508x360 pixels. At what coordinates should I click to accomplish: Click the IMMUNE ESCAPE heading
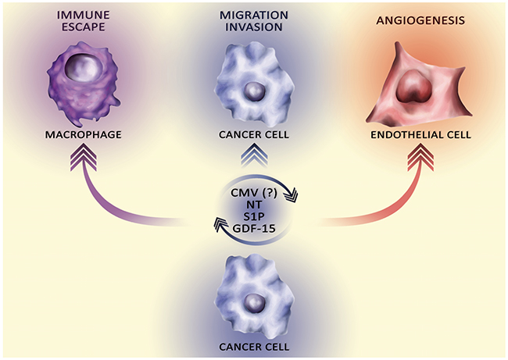(84, 21)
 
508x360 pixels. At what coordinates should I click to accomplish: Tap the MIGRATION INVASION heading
(254, 21)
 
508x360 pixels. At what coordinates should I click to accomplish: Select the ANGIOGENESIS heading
(420, 21)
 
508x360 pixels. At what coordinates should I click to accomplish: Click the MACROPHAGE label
(84, 134)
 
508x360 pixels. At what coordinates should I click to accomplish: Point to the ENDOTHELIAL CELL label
(420, 134)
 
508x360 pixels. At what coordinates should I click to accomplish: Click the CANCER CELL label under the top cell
(254, 134)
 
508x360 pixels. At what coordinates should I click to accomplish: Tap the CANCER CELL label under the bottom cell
(254, 347)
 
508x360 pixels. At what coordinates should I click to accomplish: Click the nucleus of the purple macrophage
(84, 69)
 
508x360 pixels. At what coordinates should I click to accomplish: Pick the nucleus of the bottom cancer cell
(254, 302)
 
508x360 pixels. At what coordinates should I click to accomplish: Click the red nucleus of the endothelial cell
(415, 85)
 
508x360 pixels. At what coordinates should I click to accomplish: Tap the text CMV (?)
(254, 193)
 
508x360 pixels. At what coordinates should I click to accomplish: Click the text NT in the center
(254, 205)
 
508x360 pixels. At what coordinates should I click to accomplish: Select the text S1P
(254, 216)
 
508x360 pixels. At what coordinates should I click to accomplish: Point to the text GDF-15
(254, 228)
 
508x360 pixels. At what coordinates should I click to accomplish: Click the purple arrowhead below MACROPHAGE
(84, 158)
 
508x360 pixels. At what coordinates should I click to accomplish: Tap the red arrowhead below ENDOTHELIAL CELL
(420, 158)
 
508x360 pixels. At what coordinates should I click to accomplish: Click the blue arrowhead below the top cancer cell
(254, 157)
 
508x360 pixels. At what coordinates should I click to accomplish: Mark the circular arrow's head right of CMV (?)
(290, 195)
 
